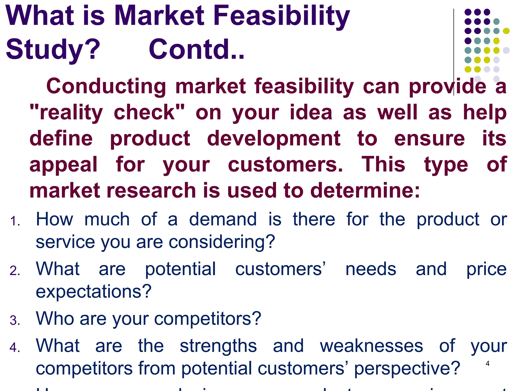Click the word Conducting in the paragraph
click(106, 87)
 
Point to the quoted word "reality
click(66, 113)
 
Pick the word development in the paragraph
click(274, 139)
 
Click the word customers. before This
click(285, 165)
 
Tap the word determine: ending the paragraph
click(365, 191)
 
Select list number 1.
click(15, 221)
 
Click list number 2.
click(15, 271)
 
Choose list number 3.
click(15, 320)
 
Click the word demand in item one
click(223, 219)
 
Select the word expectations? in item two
click(94, 292)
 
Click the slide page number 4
click(487, 364)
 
